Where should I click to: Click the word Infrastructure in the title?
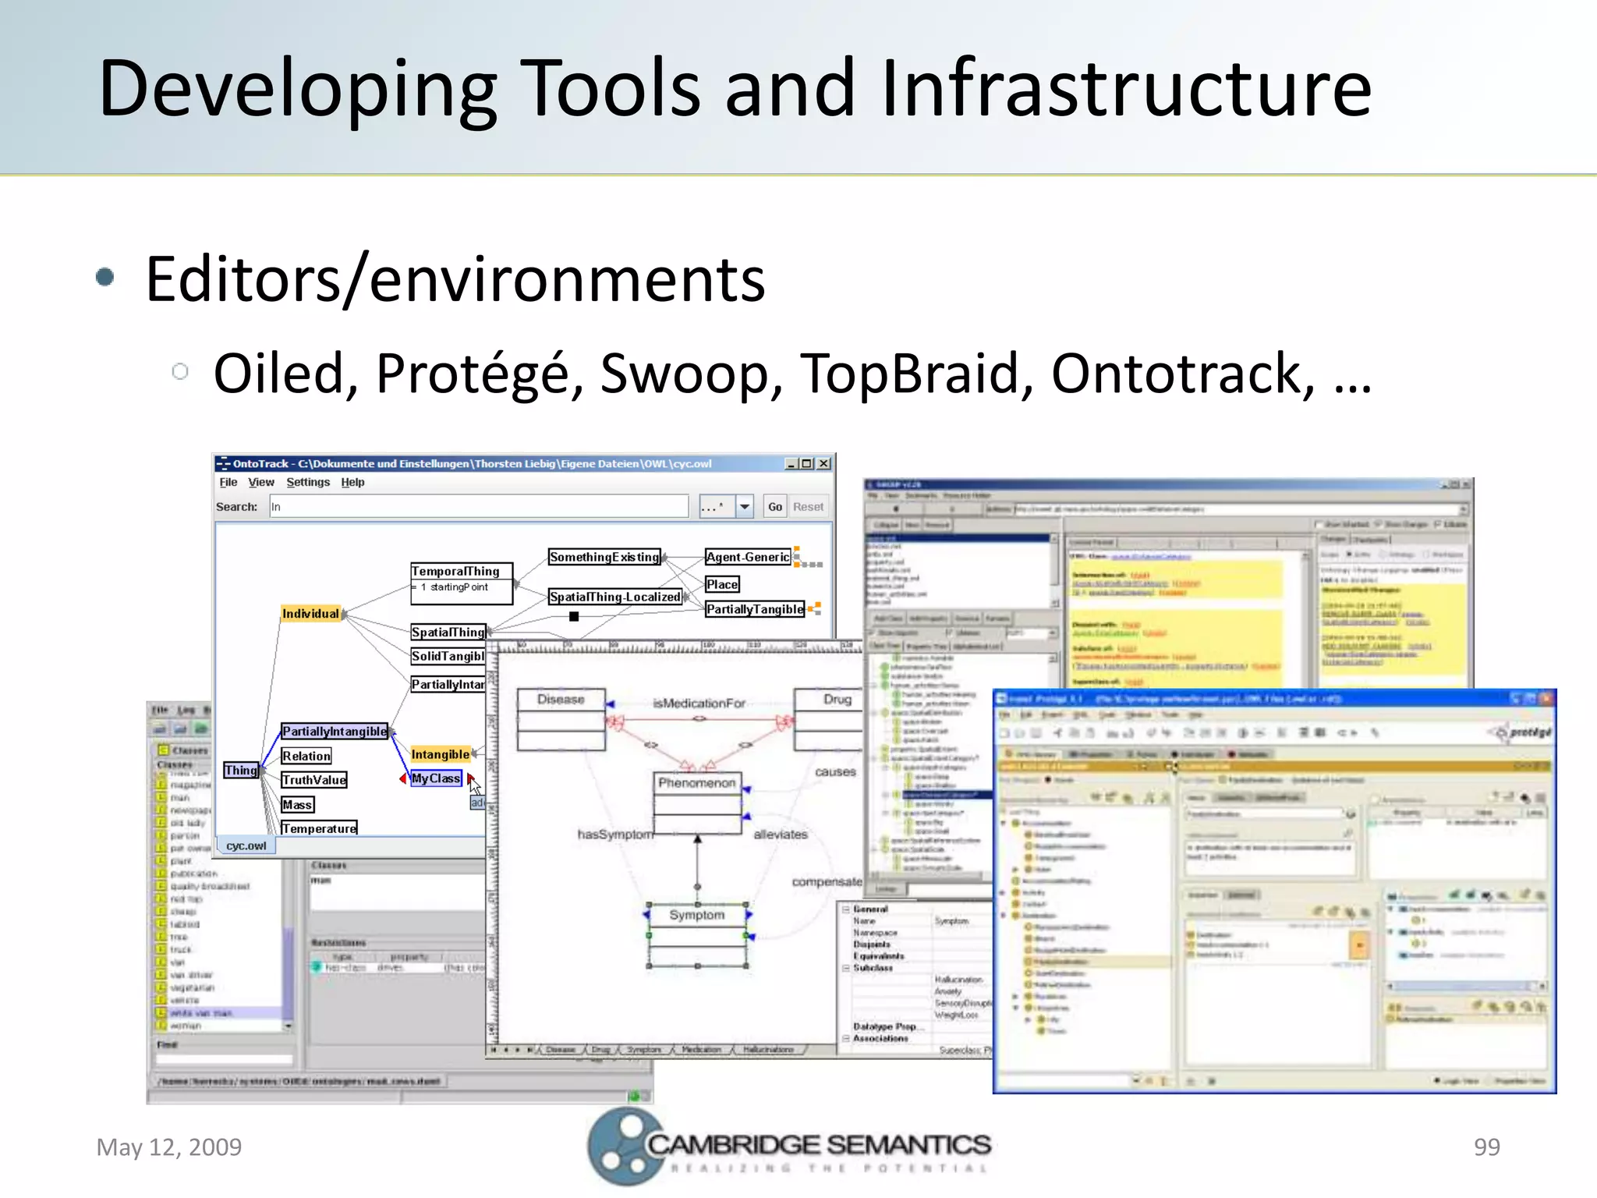[1126, 89]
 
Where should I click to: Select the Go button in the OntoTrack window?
[774, 507]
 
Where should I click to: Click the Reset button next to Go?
[808, 507]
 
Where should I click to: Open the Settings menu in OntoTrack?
[308, 483]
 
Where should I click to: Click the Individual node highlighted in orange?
[310, 614]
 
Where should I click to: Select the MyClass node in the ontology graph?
[436, 778]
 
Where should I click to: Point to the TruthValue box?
[314, 780]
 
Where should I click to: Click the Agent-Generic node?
[747, 557]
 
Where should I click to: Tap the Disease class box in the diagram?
[561, 700]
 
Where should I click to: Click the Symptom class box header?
[696, 915]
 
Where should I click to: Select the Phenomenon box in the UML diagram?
[696, 782]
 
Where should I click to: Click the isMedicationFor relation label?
[699, 704]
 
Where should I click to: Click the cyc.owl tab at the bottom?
[246, 846]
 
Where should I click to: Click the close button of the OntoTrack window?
[824, 463]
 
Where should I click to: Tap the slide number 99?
[1486, 1147]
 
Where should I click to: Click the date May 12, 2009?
[168, 1147]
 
